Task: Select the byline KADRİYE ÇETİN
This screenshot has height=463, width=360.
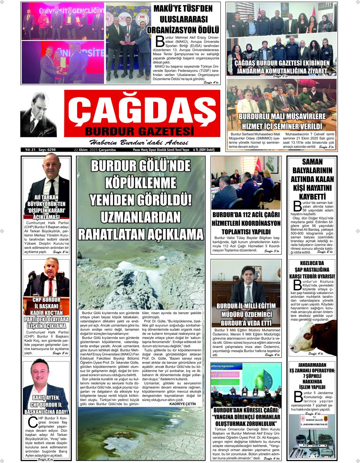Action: (183, 404)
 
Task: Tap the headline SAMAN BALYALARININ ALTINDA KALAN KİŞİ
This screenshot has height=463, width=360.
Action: (312, 179)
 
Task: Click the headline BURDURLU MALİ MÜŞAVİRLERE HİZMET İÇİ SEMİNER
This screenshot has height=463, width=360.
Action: (282, 121)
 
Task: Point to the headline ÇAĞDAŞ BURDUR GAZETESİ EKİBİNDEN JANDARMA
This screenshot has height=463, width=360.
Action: (282, 67)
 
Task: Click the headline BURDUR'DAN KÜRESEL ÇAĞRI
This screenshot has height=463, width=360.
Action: (246, 417)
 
